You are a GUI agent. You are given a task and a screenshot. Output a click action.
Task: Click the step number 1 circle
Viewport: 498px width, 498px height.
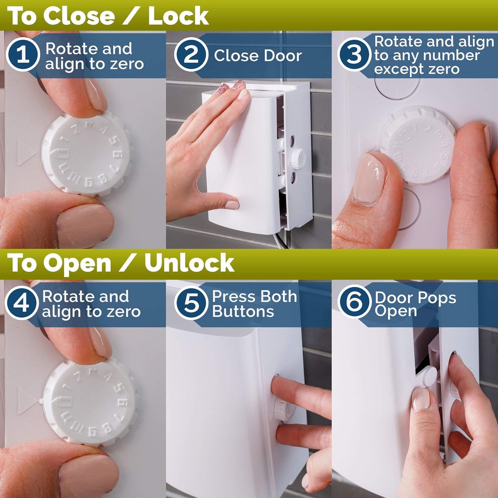(23, 54)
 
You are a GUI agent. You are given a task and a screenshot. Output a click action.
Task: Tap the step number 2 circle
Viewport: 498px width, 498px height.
(191, 54)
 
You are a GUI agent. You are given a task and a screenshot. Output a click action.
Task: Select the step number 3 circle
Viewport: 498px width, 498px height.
(354, 54)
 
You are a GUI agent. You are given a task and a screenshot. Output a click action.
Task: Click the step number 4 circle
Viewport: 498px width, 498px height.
(21, 303)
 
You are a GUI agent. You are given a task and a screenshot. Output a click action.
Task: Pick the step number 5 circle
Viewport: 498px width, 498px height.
(191, 303)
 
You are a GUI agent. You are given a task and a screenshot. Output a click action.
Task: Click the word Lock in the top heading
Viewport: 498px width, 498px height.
(178, 16)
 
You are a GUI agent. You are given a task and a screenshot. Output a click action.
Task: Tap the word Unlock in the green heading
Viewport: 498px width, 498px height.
(189, 263)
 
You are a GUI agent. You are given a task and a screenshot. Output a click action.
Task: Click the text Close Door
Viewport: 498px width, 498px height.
(257, 56)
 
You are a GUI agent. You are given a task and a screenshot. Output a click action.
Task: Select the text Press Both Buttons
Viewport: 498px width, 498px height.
(254, 304)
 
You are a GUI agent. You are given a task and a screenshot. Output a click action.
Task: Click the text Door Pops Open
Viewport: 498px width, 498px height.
(415, 304)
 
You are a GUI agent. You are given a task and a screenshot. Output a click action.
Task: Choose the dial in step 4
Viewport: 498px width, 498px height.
(91, 402)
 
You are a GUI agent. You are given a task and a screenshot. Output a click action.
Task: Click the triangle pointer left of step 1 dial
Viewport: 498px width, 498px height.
(26, 152)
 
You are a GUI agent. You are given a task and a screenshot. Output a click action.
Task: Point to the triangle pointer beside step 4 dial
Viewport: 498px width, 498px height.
(27, 400)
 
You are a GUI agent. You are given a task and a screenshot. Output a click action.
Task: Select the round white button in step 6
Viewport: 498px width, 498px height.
(429, 376)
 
